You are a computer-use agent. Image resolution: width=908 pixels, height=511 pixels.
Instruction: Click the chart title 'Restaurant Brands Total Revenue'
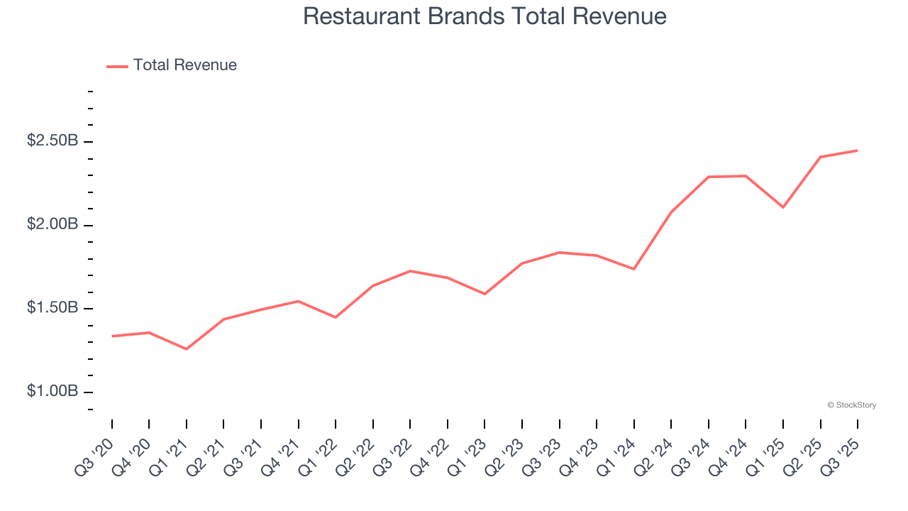pyautogui.click(x=485, y=16)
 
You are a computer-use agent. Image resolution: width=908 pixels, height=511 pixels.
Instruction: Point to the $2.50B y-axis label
pyautogui.click(x=52, y=141)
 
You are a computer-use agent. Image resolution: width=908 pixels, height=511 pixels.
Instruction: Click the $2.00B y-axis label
pyautogui.click(x=52, y=225)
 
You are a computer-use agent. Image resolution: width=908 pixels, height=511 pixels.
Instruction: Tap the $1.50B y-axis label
pyautogui.click(x=52, y=308)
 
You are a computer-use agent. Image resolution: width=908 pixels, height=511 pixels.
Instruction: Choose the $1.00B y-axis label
pyautogui.click(x=52, y=392)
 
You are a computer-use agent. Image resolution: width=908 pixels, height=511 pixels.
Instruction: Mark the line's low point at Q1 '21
pyautogui.click(x=187, y=349)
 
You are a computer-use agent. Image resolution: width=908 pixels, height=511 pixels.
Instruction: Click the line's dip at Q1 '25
pyautogui.click(x=783, y=207)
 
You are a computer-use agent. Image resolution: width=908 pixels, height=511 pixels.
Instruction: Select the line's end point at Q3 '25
pyautogui.click(x=858, y=150)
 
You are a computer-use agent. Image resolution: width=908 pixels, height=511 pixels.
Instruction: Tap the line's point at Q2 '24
pyautogui.click(x=671, y=212)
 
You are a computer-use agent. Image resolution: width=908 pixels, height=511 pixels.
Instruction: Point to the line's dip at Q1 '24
pyautogui.click(x=634, y=269)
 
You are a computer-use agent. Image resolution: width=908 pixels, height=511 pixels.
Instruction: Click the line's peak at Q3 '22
pyautogui.click(x=410, y=271)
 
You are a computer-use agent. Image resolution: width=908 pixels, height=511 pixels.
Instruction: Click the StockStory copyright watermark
pyautogui.click(x=852, y=405)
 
